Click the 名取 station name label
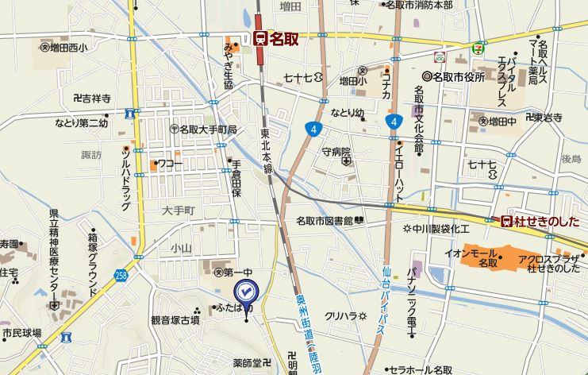click(x=284, y=38)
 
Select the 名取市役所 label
click(x=458, y=76)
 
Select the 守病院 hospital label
click(x=336, y=151)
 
